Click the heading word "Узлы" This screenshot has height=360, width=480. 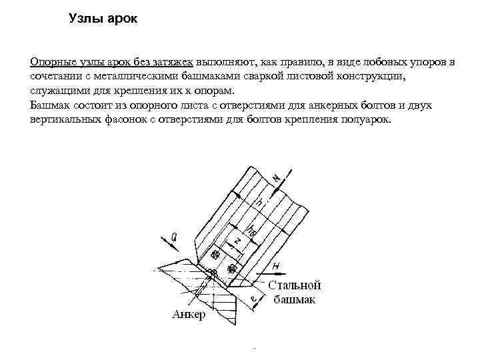(85, 19)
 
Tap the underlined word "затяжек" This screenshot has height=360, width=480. (172, 63)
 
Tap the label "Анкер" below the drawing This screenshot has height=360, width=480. (189, 315)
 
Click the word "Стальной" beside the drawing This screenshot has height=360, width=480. (297, 285)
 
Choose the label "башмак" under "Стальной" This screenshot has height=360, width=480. (294, 299)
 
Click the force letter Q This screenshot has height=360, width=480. (174, 235)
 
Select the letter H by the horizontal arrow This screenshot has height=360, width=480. (276, 266)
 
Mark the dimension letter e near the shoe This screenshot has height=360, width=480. (254, 298)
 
